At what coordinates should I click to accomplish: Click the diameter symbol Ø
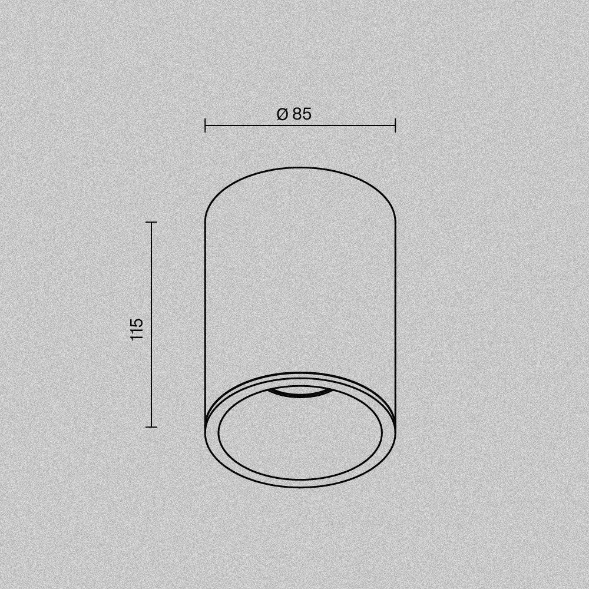click(283, 114)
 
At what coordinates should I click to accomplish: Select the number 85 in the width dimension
click(302, 114)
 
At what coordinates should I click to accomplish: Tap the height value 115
click(137, 329)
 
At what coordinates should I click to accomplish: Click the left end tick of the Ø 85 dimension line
click(205, 125)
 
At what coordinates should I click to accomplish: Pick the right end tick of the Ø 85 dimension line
click(395, 125)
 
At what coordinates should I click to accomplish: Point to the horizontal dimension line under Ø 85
click(300, 125)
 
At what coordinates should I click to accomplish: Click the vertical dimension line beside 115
click(151, 325)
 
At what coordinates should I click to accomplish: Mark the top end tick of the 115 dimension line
click(151, 223)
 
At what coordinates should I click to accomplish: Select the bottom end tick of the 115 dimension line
click(151, 426)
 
